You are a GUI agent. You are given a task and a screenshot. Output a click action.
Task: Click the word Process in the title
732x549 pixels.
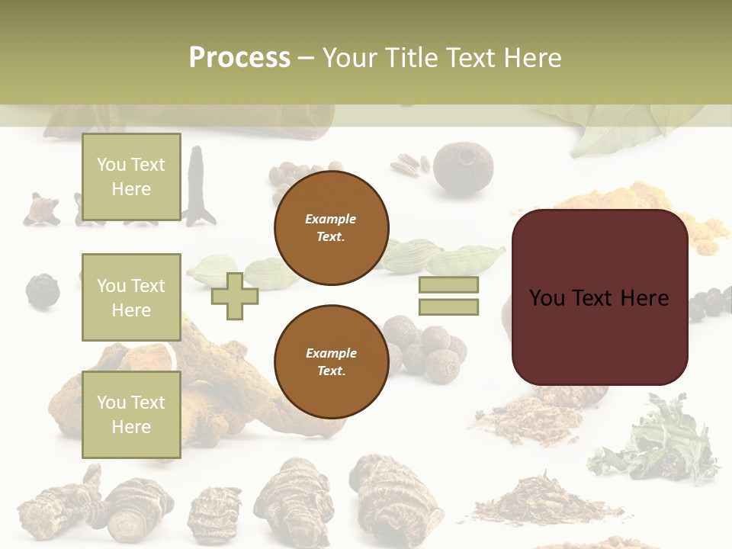click(239, 58)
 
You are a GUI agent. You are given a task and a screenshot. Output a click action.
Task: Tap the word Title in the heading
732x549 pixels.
click(410, 58)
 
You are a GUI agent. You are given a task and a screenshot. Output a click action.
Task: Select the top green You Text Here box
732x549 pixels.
click(131, 177)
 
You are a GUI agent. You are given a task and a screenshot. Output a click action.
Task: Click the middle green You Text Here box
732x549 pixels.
click(131, 297)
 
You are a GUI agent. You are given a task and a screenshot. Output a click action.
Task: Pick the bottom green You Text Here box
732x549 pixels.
click(131, 414)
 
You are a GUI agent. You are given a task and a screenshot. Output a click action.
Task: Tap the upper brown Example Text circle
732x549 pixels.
click(331, 228)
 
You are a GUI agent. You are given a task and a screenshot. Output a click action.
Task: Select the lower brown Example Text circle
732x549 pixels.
click(331, 362)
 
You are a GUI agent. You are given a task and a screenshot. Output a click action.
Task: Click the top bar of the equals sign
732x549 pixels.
click(448, 285)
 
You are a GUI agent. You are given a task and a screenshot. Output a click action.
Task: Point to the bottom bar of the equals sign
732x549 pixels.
click(448, 307)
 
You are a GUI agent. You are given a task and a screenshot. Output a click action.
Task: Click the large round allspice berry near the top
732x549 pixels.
click(463, 167)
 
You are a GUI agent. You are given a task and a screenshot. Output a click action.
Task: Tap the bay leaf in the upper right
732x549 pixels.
click(625, 130)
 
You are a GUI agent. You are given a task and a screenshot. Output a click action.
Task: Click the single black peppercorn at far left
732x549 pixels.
click(42, 291)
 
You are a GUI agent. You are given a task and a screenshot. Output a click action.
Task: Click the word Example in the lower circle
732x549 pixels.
click(331, 353)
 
